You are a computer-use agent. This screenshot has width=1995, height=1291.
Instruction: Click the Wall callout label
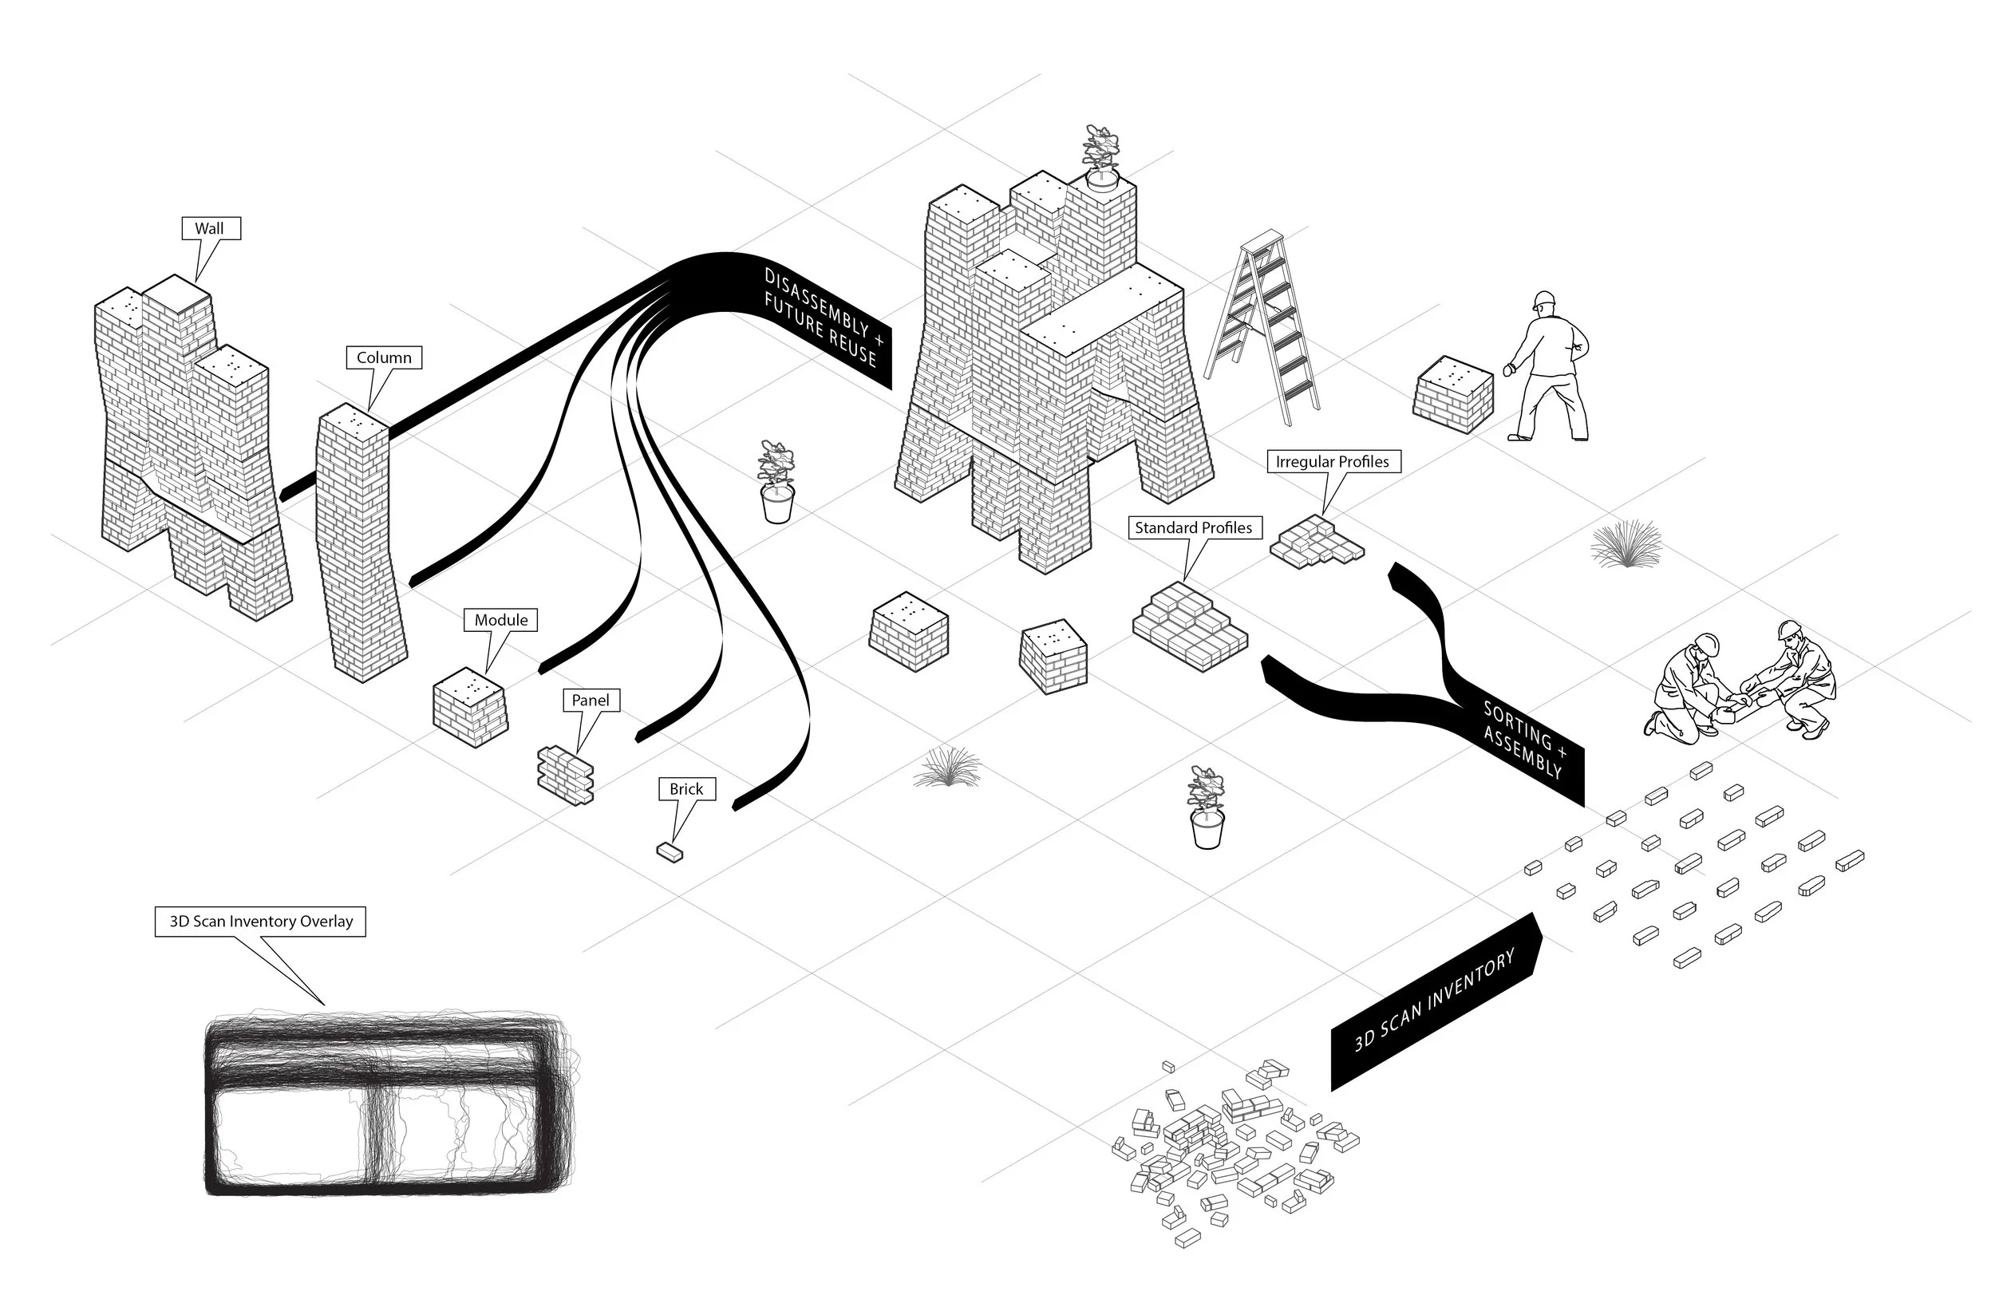pos(211,229)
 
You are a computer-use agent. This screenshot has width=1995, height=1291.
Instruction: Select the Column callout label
pos(384,358)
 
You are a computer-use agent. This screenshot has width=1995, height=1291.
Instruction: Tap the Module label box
pos(500,620)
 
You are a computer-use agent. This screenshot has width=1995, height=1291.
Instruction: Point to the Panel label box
pos(590,701)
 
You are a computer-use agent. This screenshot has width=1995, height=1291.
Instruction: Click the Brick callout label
pos(685,790)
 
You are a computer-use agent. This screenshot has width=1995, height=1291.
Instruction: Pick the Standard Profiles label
pos(1193,528)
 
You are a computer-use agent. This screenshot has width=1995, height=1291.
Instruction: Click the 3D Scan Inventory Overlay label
pos(261,922)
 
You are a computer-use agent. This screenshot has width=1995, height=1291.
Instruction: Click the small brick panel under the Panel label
pos(566,775)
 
